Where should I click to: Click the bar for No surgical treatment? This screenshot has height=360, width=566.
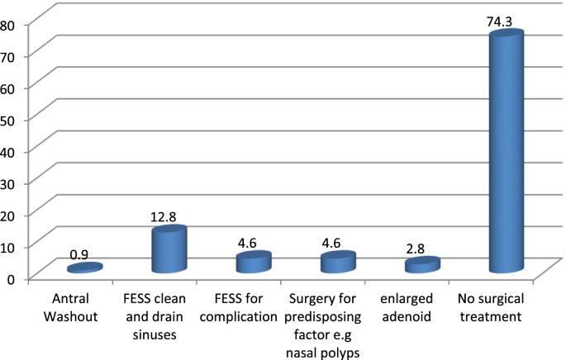[x=506, y=157]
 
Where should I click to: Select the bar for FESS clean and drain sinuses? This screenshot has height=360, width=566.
[x=169, y=251]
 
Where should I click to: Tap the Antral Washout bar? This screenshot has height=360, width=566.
[x=84, y=268]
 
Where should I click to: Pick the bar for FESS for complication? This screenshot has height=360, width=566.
[x=253, y=263]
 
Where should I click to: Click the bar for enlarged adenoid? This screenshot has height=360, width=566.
[x=421, y=266]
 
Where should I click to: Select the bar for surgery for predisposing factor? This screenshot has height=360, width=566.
[x=337, y=263]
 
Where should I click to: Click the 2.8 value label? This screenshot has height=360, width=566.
[x=417, y=247]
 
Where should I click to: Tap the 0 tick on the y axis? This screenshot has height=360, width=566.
[x=12, y=278]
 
